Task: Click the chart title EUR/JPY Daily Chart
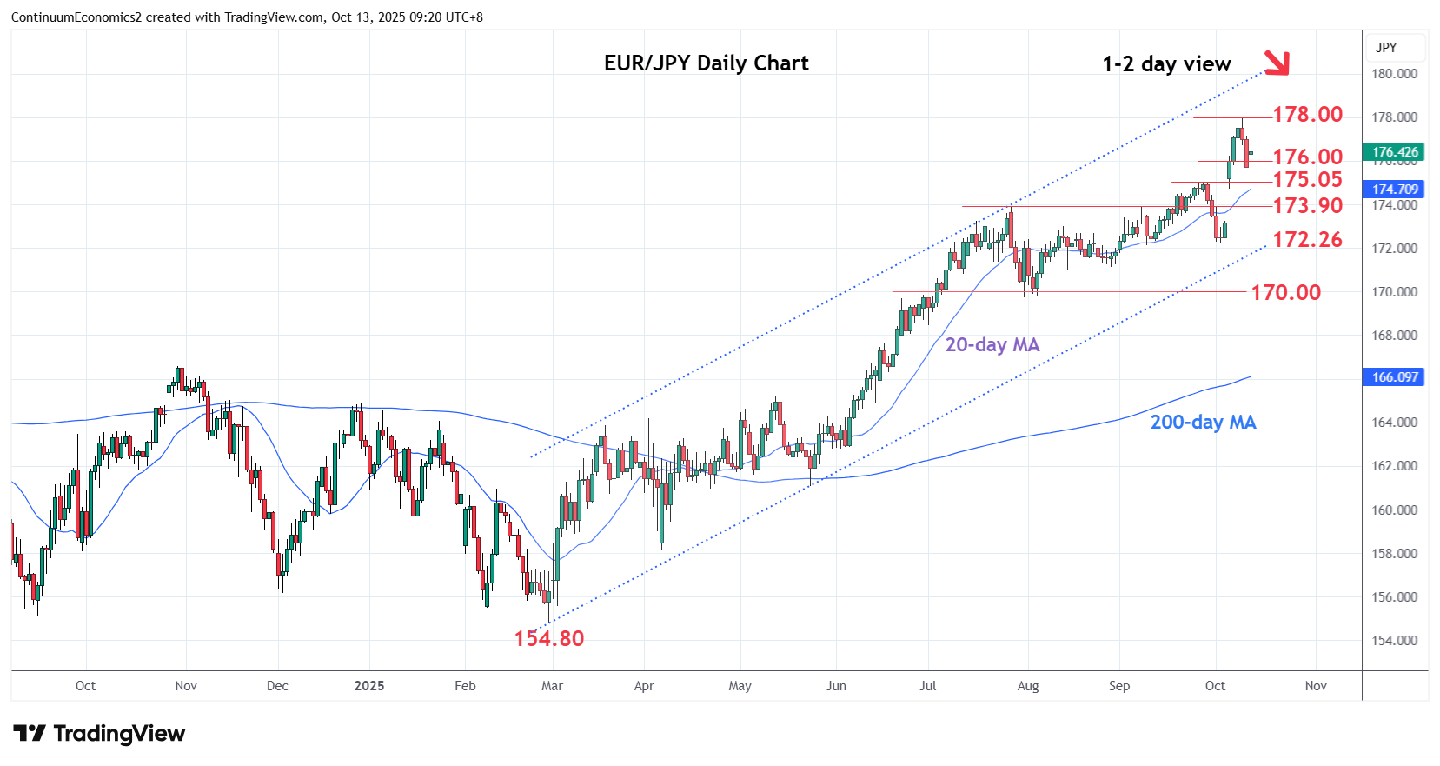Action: (x=706, y=63)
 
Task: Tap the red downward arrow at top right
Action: (x=1276, y=62)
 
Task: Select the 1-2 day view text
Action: (x=1166, y=64)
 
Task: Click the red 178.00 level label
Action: (x=1307, y=115)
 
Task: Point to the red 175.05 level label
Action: (x=1307, y=180)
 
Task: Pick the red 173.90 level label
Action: (x=1307, y=206)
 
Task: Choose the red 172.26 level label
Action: (x=1307, y=240)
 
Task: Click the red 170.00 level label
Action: (x=1285, y=293)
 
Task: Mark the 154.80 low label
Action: (x=548, y=639)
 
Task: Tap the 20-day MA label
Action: (x=992, y=345)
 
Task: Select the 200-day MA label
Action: (x=1203, y=423)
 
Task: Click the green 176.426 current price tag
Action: (x=1394, y=152)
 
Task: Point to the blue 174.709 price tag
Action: (x=1394, y=190)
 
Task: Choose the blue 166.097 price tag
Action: (x=1394, y=377)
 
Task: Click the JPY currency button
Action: (x=1387, y=48)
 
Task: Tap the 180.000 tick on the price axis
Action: (x=1394, y=74)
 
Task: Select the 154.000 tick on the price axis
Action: (x=1394, y=641)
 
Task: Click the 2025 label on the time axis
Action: (x=368, y=686)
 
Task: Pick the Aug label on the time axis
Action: (x=1027, y=686)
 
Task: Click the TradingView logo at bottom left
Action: (x=99, y=734)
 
